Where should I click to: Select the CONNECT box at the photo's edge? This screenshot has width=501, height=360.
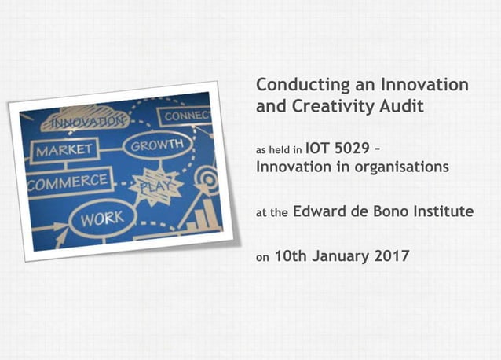click(x=185, y=116)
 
